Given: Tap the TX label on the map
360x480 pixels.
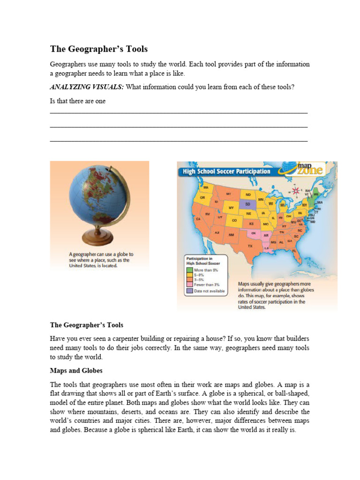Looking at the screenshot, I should coord(250,246).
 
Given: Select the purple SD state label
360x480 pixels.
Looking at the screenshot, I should coord(248,204).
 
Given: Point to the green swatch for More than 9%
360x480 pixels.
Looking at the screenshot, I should coord(189,270).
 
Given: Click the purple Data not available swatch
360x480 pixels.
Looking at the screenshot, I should coord(189,291).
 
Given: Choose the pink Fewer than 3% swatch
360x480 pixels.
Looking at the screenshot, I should coord(189,285).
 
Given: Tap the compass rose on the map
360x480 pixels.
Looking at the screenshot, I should coord(295,191).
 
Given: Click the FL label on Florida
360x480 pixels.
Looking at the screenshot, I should coord(294,251).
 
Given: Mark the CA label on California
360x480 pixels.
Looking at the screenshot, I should coord(199,219).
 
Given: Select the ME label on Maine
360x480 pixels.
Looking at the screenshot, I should coord(315,194).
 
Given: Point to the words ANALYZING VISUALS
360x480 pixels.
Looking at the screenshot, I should coord(87,87).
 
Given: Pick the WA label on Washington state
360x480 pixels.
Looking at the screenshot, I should coord(205,187).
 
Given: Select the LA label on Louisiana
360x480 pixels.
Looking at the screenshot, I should coord(266,248).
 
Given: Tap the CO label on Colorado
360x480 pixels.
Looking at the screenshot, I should coord(234,220).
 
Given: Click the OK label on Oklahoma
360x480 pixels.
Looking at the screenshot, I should coord(254,232).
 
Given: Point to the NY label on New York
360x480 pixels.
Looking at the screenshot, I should coord(304,205).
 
